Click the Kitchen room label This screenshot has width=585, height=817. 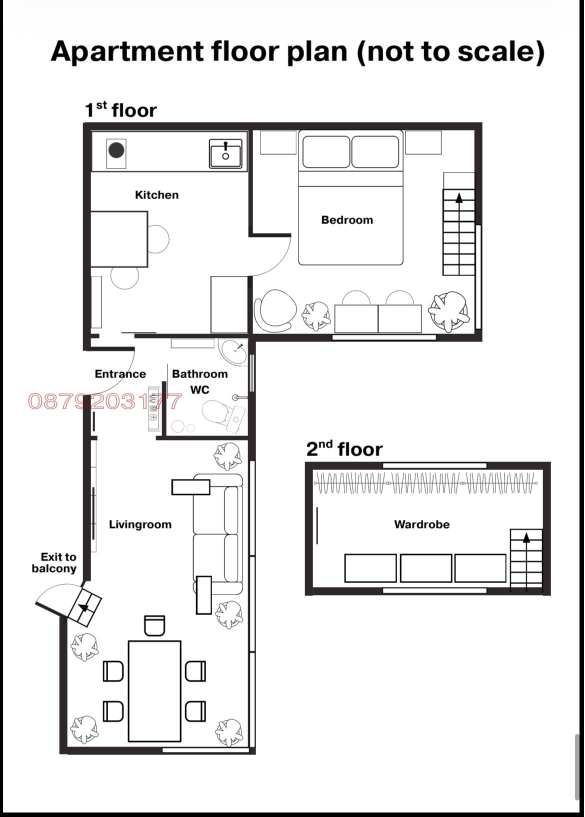pos(157,195)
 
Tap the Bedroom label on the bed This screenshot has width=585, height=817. pos(347,220)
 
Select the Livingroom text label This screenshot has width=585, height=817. pos(140,524)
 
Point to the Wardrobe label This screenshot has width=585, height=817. pos(422,524)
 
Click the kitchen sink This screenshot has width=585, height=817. pos(225,153)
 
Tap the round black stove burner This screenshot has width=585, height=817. pos(116,150)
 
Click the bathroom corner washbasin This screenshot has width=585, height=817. pos(233,351)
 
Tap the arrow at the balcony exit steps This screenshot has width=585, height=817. pos(84,607)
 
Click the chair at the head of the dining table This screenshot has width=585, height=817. pos(154,626)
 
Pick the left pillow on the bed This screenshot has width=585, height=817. pos(326,151)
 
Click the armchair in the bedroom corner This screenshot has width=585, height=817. pos(273,311)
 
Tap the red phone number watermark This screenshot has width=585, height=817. pos(104,401)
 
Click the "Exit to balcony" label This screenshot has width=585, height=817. pos(54,562)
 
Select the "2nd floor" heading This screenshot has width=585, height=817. pos(344,449)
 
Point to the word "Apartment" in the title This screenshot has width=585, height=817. pos(127,52)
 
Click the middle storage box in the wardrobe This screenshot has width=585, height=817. pos(426,568)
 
